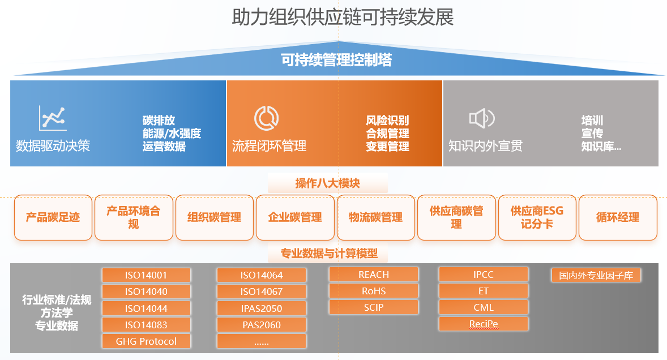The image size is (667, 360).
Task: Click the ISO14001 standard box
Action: [146, 275]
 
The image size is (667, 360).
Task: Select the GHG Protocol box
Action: [146, 341]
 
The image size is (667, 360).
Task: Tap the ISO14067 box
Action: [261, 292]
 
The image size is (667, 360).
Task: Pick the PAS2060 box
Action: [261, 325]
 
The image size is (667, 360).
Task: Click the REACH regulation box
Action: [374, 275]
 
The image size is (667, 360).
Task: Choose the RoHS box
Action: [374, 291]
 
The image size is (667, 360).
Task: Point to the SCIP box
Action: [374, 307]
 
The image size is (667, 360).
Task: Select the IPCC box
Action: [483, 275]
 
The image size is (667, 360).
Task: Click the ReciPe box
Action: [483, 324]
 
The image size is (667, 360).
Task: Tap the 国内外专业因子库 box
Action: [596, 276]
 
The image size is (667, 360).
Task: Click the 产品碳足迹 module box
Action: [53, 217]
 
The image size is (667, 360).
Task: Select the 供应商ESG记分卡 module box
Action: [537, 217]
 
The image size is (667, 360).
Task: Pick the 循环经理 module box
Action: [618, 217]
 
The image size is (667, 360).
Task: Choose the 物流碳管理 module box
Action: [375, 217]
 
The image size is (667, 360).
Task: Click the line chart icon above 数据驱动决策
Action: [53, 118]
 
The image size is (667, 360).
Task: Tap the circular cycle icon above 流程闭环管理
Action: [266, 118]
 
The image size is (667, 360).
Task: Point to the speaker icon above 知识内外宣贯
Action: [482, 118]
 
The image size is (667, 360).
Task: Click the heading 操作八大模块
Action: [327, 183]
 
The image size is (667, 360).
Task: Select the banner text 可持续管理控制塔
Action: [336, 60]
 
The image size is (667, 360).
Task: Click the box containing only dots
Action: [261, 341]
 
